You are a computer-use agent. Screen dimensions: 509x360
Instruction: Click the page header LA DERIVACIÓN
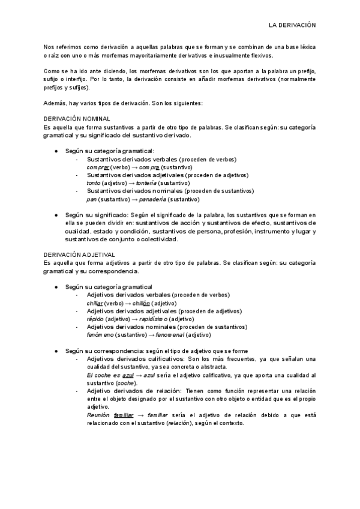(292, 26)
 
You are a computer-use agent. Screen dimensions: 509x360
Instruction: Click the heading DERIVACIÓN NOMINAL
(77, 120)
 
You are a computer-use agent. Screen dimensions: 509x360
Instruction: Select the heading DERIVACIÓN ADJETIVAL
(79, 254)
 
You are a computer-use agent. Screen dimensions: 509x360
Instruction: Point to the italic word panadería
(152, 199)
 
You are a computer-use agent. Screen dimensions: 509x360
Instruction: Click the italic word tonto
(93, 183)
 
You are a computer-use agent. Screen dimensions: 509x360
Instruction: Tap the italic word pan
(91, 199)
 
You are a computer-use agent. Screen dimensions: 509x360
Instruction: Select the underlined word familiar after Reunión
(123, 415)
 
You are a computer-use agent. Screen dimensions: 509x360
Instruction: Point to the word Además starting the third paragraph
(55, 103)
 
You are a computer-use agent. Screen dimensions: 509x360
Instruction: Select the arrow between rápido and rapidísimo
(128, 319)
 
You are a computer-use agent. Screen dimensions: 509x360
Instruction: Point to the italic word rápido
(95, 319)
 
